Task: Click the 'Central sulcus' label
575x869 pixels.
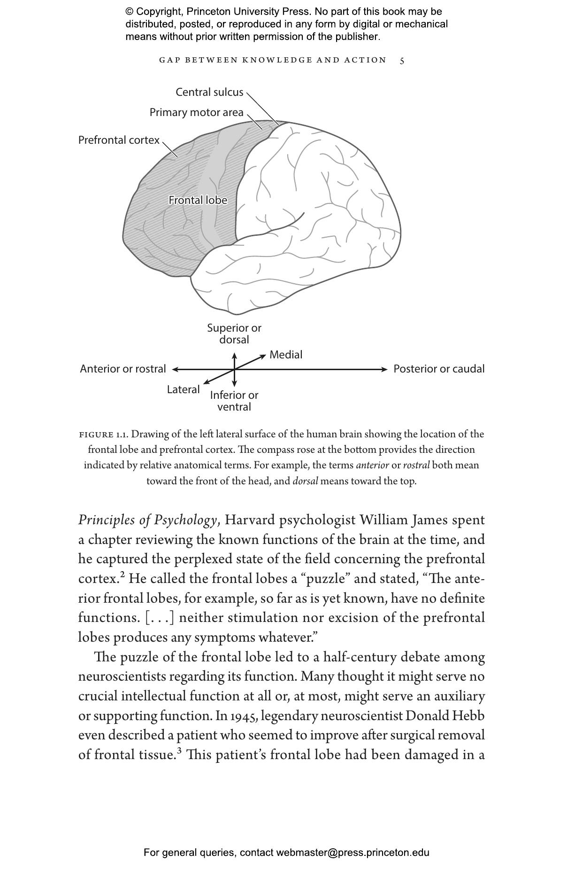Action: coord(209,92)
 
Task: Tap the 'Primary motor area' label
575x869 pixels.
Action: coord(196,113)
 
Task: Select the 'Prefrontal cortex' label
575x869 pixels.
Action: coord(119,140)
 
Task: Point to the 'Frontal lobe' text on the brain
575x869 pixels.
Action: coord(198,201)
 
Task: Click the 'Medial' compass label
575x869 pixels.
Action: coord(285,355)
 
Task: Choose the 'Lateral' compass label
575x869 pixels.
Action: coord(183,390)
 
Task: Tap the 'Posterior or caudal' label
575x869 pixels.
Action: coord(438,369)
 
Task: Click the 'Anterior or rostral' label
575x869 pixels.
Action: coord(123,369)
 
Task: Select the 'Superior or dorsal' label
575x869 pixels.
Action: coord(234,334)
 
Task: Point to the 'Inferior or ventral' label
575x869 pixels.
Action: coord(234,401)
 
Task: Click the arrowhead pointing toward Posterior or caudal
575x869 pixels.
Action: coord(385,370)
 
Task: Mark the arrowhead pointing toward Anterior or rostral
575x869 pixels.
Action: coord(175,370)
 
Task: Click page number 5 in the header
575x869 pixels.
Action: coord(402,61)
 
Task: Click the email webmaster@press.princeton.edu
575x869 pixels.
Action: coord(353,853)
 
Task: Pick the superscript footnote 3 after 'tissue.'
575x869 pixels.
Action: coord(179,751)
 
